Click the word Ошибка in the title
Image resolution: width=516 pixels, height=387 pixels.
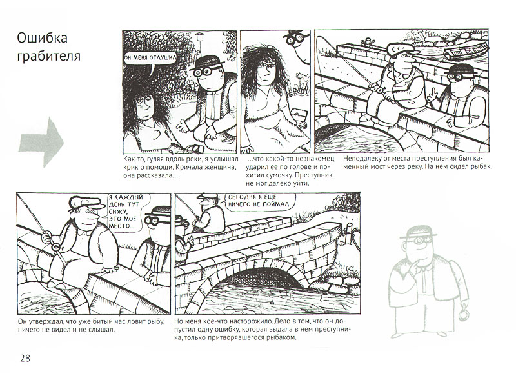(42, 38)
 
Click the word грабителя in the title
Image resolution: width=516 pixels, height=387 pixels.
(49, 56)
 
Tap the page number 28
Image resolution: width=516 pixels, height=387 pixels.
(25, 358)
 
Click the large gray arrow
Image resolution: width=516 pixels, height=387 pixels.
(41, 142)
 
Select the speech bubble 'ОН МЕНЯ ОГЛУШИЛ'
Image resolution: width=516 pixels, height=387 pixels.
(150, 58)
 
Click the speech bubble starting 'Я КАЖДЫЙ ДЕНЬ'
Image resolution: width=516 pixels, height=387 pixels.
(126, 212)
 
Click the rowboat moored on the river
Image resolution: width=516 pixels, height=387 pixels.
(466, 50)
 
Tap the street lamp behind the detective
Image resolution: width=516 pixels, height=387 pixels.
(199, 43)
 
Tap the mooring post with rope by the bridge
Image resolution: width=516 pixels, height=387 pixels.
(349, 234)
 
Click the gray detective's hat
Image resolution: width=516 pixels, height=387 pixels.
(419, 232)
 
